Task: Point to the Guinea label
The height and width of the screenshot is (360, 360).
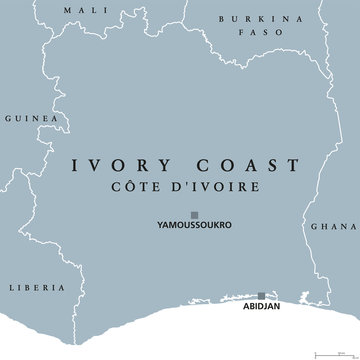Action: point(25,117)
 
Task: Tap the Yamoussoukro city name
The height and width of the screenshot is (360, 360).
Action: point(194,226)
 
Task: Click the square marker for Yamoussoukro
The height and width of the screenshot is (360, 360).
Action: point(194,213)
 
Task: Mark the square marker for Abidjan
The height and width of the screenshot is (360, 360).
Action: point(262,296)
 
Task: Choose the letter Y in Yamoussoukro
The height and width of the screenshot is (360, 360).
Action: point(160,226)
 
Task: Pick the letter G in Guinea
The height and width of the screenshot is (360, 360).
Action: point(7,117)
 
